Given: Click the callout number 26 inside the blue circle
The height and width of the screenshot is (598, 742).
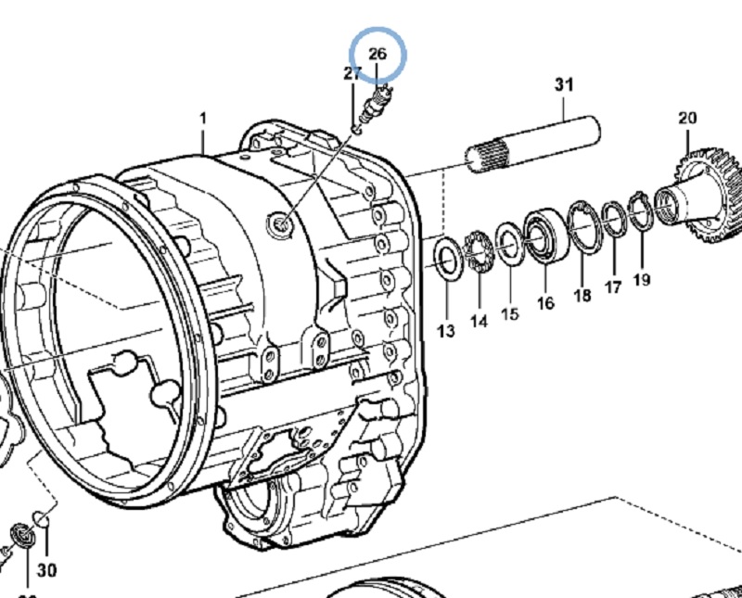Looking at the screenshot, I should pyautogui.click(x=377, y=54).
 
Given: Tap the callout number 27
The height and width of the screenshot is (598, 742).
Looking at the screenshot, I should pyautogui.click(x=352, y=73).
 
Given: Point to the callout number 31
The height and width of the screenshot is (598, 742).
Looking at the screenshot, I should pyautogui.click(x=564, y=84).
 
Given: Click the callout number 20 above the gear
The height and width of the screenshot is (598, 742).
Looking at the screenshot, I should pyautogui.click(x=686, y=118).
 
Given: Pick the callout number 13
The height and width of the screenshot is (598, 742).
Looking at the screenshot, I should pyautogui.click(x=446, y=330).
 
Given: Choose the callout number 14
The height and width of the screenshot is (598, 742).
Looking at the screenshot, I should pyautogui.click(x=478, y=321).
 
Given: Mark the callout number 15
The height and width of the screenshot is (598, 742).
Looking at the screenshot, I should pyautogui.click(x=510, y=314).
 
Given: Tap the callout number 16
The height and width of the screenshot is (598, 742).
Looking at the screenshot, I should pyautogui.click(x=544, y=303).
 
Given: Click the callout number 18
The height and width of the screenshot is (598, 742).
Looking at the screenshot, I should pyautogui.click(x=582, y=296).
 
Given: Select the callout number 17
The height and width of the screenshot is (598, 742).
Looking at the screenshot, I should pyautogui.click(x=612, y=287).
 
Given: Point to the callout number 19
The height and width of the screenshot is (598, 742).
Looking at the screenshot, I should pyautogui.click(x=642, y=279).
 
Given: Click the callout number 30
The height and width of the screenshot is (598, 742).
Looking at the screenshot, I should pyautogui.click(x=46, y=569).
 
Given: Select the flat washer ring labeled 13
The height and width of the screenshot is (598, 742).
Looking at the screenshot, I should pyautogui.click(x=446, y=259).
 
